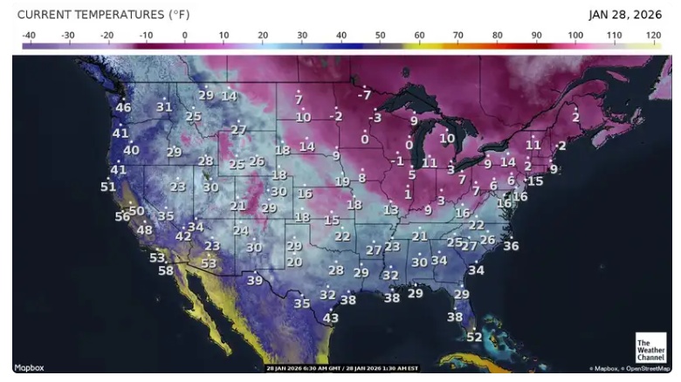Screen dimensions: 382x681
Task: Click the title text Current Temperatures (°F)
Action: pos(103,15)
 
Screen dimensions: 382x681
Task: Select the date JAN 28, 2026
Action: pos(625,15)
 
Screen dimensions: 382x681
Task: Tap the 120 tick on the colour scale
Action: pos(653,35)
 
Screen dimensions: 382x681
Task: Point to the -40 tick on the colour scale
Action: pos(28,35)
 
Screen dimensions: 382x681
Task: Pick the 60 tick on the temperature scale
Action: pos(419,35)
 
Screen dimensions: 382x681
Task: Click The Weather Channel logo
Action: pos(650,348)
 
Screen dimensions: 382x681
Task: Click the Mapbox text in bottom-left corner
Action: pos(30,368)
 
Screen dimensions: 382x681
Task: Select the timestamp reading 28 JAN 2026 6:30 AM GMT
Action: pos(305,368)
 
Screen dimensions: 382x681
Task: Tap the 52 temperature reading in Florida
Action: pos(474,337)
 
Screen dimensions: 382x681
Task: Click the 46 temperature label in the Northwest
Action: pos(123,108)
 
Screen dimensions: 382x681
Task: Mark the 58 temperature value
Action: pos(166,270)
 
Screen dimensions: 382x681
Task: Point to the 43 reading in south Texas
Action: pos(331,318)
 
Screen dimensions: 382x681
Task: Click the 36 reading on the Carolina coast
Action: pos(511,246)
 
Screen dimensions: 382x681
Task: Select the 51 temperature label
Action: pos(108,187)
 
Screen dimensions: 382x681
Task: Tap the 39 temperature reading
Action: pos(254,280)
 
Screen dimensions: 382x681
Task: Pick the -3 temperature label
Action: pos(375,117)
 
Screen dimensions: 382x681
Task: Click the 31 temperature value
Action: pos(164,107)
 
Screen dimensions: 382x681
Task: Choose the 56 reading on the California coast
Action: pos(122,216)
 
